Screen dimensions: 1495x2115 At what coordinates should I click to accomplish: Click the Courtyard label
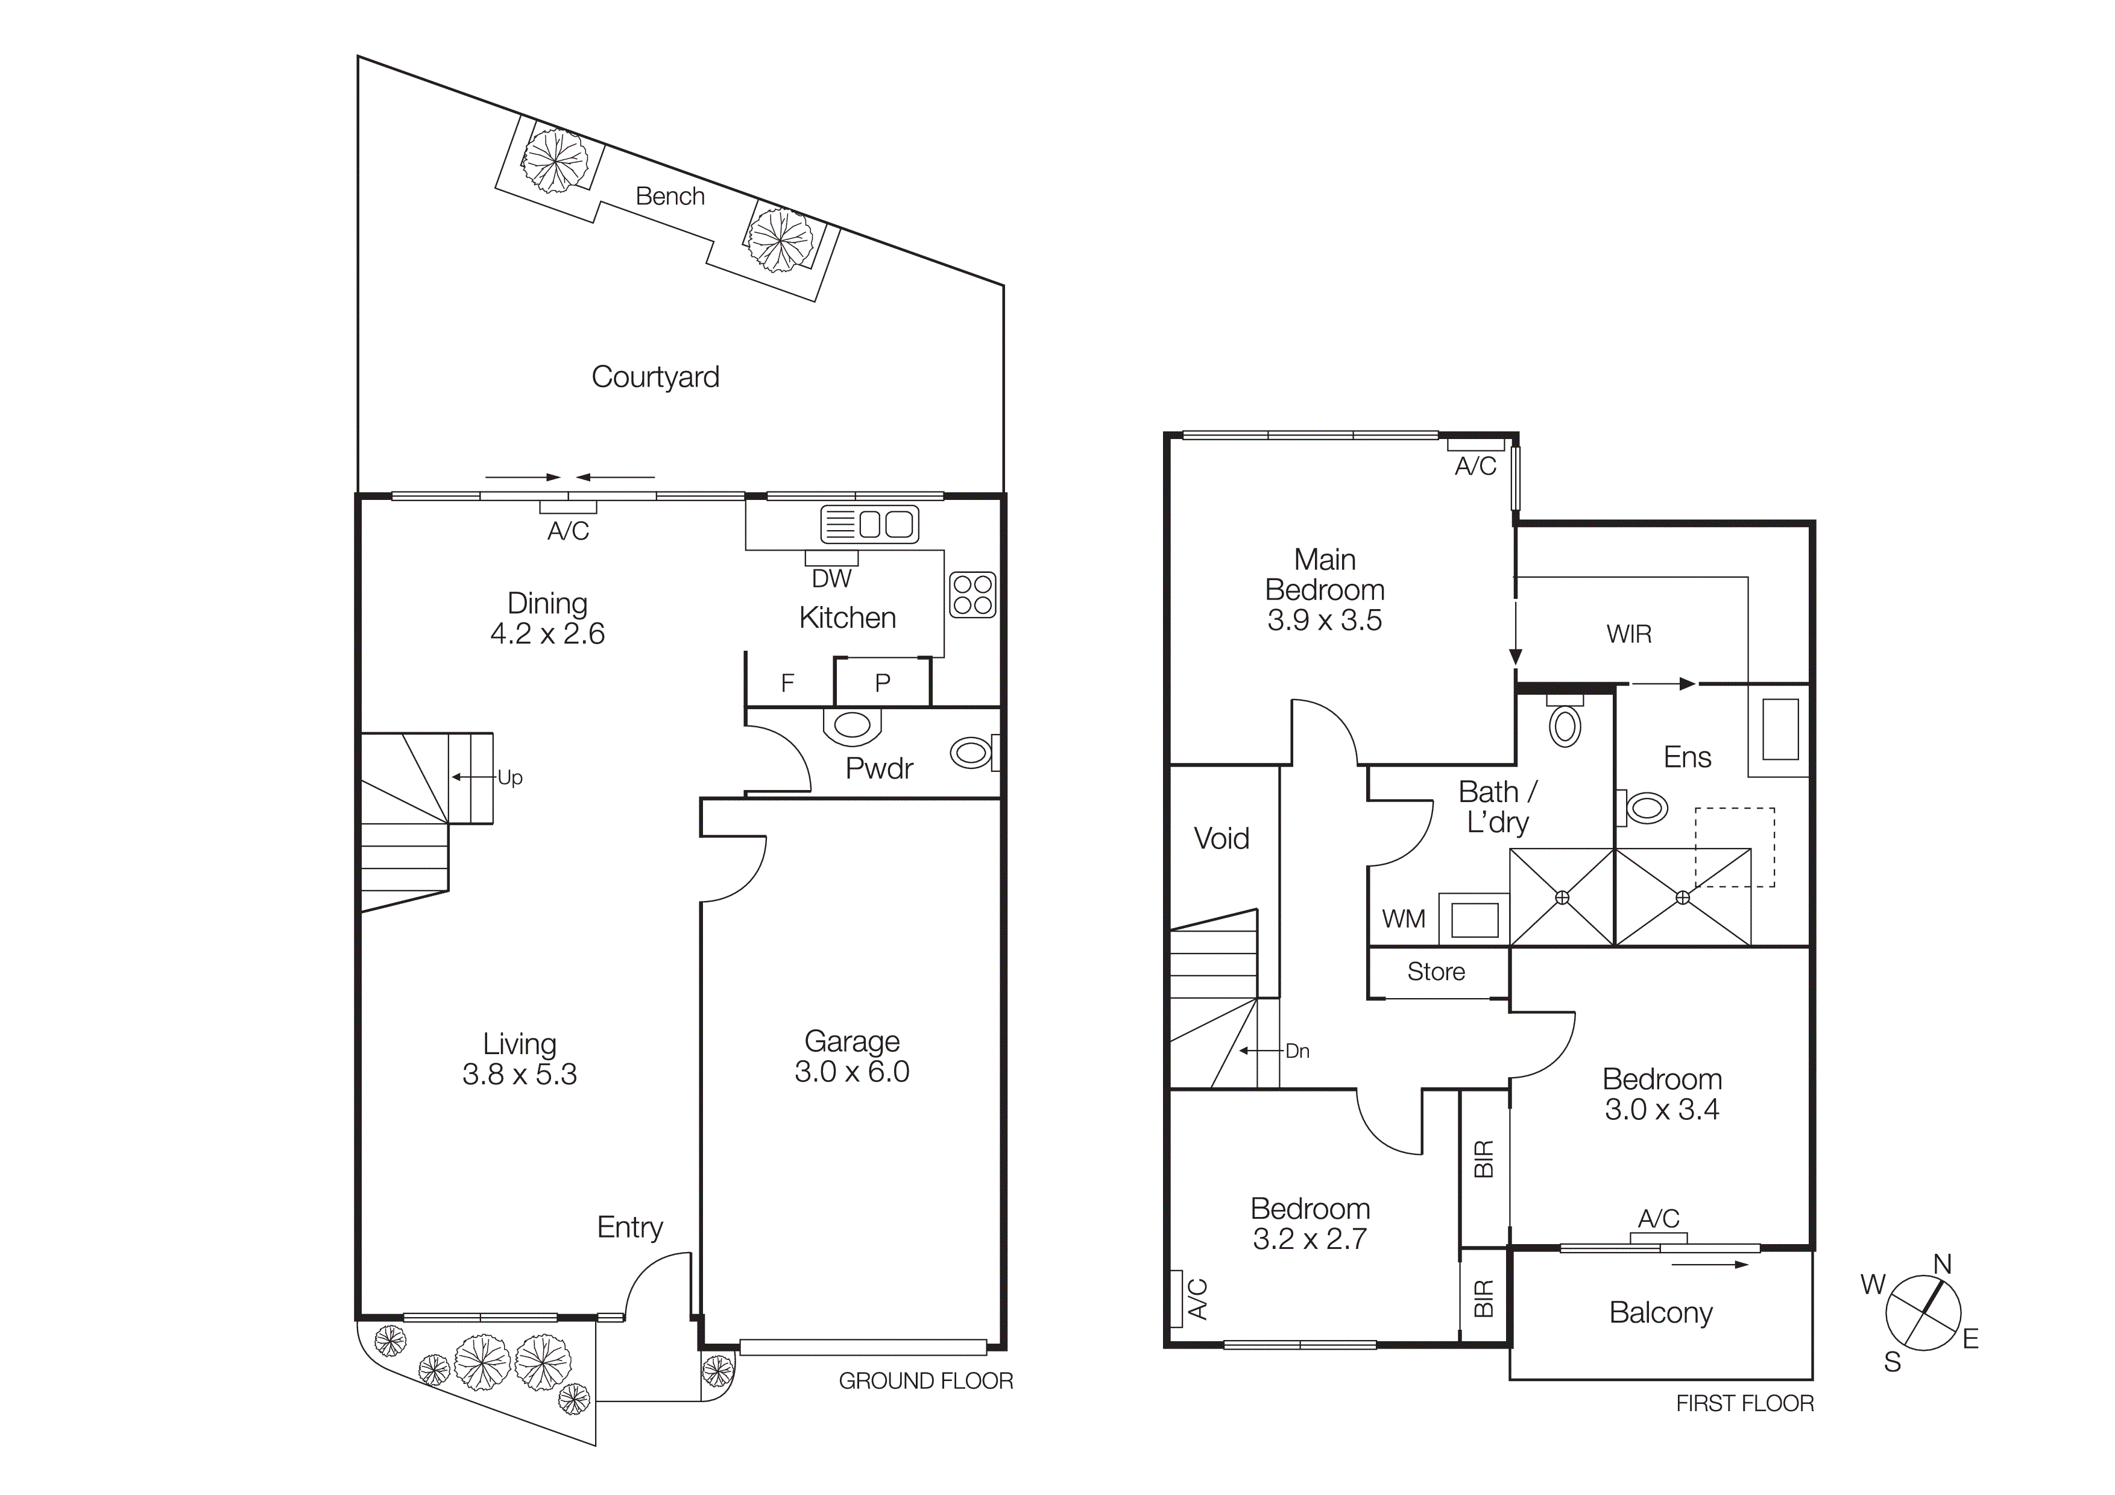(x=655, y=377)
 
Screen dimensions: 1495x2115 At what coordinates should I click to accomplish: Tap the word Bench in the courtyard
(x=670, y=196)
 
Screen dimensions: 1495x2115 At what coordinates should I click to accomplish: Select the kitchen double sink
(x=869, y=524)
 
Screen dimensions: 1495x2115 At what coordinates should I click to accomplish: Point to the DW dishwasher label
(x=831, y=578)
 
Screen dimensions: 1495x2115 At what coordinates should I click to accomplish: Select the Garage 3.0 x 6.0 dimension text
(x=852, y=1071)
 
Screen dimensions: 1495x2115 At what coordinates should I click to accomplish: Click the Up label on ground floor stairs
(x=509, y=777)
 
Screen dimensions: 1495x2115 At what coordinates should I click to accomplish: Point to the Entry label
(x=630, y=1227)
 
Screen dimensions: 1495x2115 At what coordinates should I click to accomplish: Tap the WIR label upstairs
(x=1628, y=634)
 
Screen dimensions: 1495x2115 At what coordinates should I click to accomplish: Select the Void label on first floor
(x=1221, y=838)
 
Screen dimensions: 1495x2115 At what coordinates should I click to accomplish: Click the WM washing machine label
(x=1403, y=918)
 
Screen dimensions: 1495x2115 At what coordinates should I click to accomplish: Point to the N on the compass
(x=1942, y=1265)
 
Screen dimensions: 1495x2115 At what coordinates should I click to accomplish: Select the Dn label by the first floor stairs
(x=1297, y=1051)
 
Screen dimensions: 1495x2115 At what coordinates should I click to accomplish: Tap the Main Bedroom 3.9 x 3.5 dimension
(x=1324, y=620)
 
